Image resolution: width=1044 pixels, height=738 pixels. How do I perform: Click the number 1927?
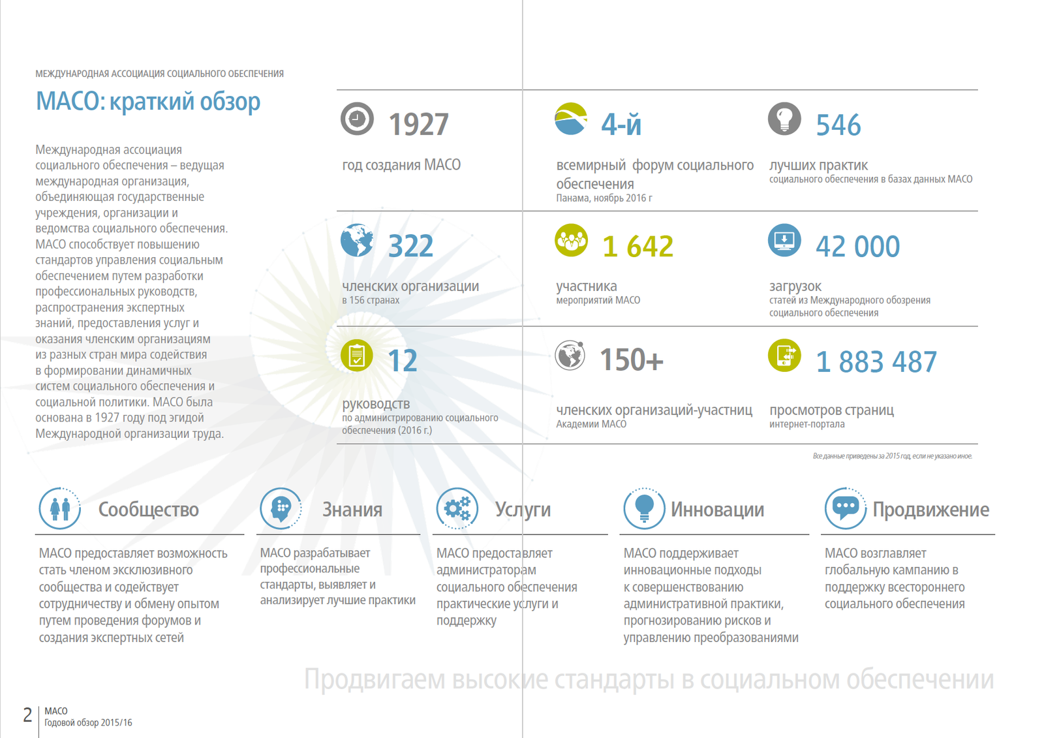pos(418,125)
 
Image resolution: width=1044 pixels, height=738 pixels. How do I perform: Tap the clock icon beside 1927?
pos(357,119)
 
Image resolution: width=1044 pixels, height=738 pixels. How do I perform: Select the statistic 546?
pos(838,125)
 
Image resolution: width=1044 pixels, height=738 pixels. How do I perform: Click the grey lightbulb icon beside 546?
pos(784,119)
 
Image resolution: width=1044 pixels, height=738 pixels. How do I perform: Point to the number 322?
pos(410,246)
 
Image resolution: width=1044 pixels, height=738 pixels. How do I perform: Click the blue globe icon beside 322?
pos(357,240)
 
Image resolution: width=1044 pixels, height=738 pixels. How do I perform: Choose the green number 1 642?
pos(637,247)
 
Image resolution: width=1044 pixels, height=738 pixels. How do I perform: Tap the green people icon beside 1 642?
pos(571,240)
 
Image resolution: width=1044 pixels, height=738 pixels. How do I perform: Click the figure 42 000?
pos(857,247)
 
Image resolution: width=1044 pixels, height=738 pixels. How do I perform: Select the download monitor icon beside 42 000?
pos(784,240)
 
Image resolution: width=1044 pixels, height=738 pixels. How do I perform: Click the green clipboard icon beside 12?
pos(357,356)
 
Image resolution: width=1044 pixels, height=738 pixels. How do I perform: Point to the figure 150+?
pos(631,360)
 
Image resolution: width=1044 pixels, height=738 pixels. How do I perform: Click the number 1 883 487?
pos(876,362)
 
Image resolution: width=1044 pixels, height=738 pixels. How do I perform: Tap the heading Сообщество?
pos(148,510)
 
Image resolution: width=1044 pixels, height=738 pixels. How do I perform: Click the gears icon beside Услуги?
pos(457,508)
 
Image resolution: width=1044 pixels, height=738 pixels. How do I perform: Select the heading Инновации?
pos(717,510)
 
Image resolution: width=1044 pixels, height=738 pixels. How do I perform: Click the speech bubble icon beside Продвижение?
pos(846,508)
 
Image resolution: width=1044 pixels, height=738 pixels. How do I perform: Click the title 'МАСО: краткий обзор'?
pos(148,102)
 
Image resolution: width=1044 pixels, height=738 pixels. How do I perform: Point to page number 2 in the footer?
pos(27,715)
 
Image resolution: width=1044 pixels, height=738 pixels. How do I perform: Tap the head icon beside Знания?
pos(281,508)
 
